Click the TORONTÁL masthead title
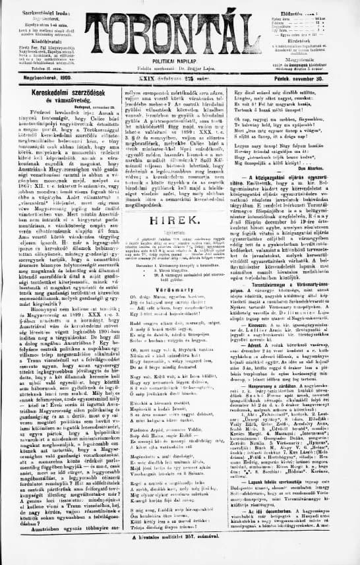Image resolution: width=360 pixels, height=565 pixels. point(179,30)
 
